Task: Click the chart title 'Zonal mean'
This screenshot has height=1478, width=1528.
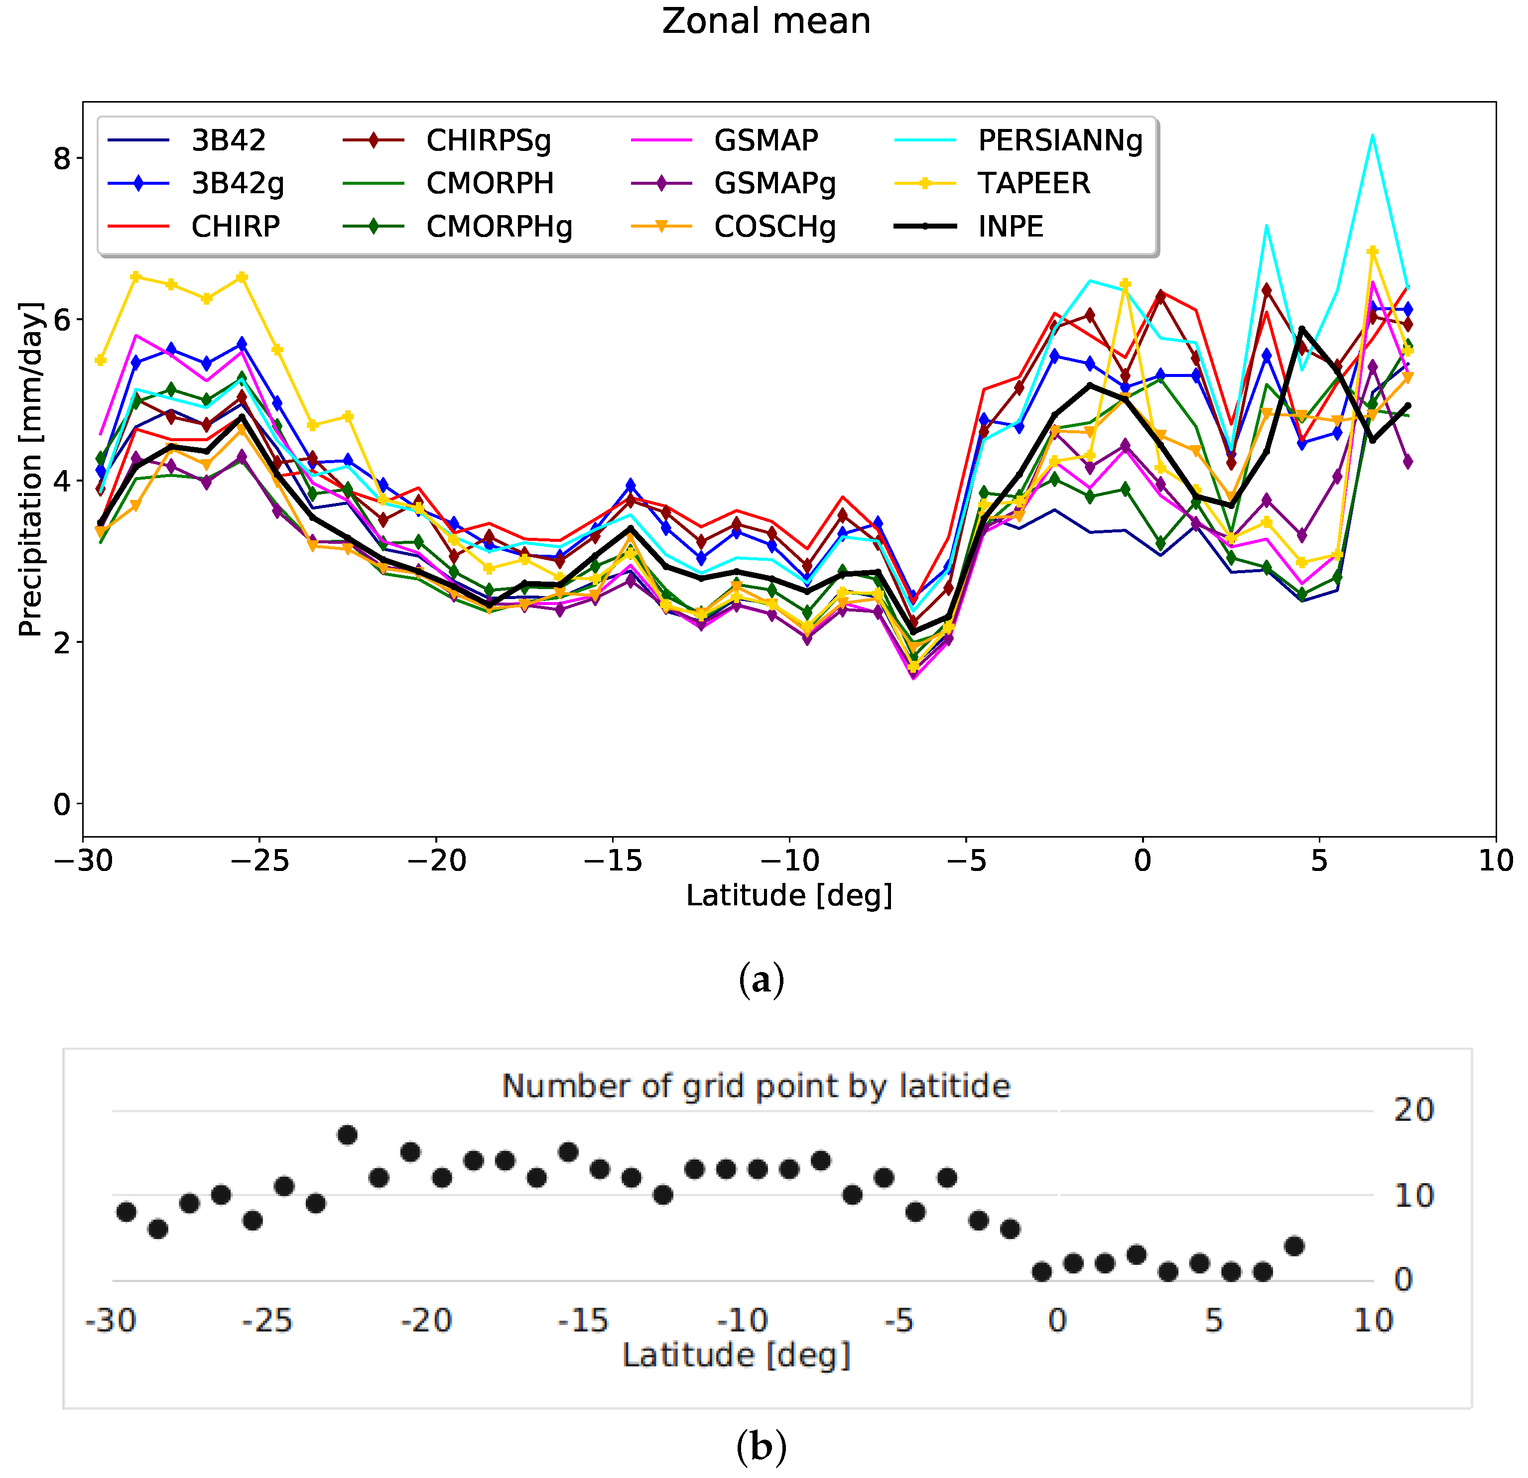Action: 765,21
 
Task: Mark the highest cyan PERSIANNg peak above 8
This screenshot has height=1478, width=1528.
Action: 1372,135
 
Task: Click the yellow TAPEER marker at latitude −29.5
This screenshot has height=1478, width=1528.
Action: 101,360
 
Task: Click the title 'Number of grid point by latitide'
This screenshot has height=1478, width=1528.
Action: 756,1086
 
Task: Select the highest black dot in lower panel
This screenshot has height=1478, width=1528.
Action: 348,1135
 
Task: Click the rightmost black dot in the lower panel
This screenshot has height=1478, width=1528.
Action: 1294,1246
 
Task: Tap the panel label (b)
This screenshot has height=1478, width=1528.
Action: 761,1447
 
